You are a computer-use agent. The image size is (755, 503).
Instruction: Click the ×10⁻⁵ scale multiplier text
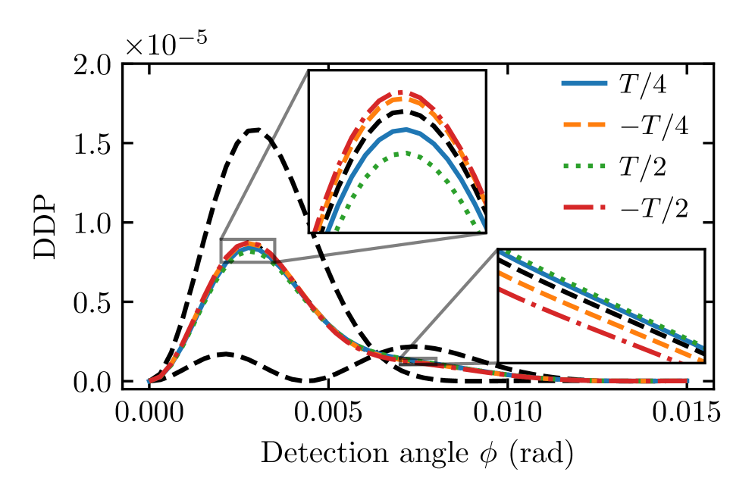point(167,44)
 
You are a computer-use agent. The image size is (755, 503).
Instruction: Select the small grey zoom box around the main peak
point(247,251)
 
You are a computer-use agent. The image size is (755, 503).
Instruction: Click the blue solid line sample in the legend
point(584,85)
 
